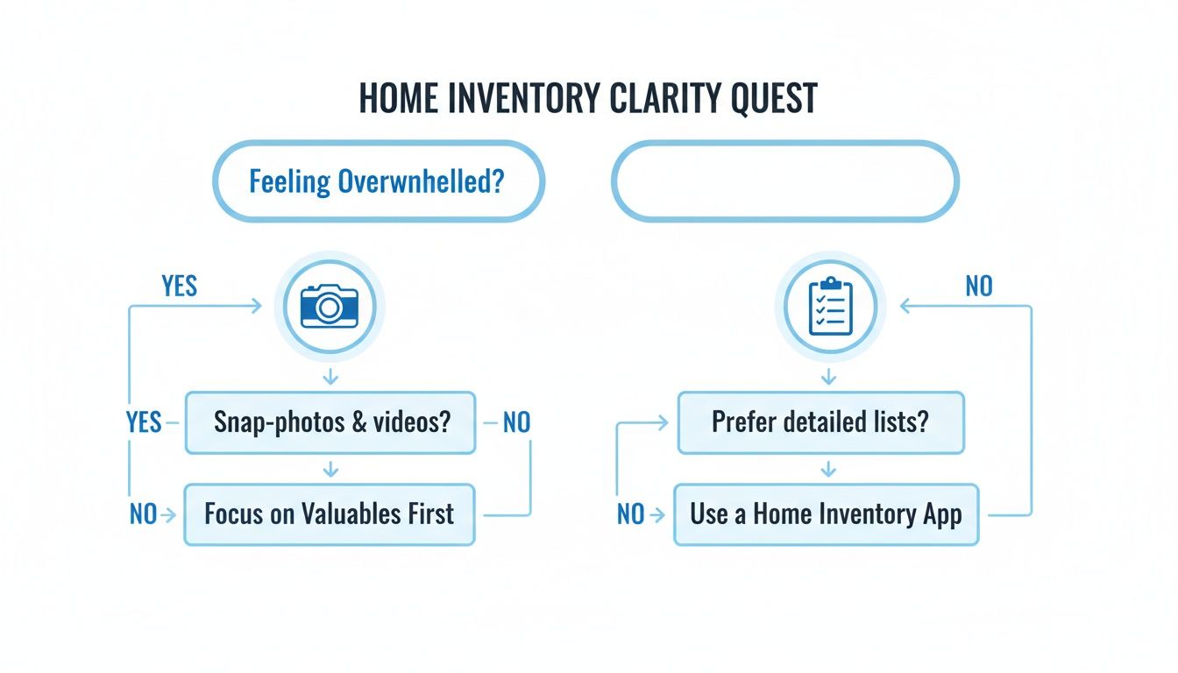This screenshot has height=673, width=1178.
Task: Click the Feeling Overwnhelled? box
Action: pyautogui.click(x=378, y=182)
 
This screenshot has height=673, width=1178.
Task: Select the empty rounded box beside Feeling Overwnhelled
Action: pyautogui.click(x=784, y=182)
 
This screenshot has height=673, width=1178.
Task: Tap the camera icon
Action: pyautogui.click(x=330, y=307)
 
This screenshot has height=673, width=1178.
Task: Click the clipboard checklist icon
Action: pyautogui.click(x=828, y=307)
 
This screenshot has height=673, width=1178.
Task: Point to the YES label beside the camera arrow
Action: pyautogui.click(x=180, y=287)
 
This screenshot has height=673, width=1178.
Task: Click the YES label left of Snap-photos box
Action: pyautogui.click(x=144, y=422)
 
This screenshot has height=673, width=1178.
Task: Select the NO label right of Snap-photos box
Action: pyautogui.click(x=516, y=422)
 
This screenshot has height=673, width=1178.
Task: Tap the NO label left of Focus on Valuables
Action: pyautogui.click(x=143, y=514)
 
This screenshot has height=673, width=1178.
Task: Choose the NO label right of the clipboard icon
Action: pyautogui.click(x=978, y=287)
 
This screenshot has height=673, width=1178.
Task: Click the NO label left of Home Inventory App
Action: pyautogui.click(x=630, y=514)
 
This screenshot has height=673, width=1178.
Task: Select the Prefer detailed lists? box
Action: pyautogui.click(x=820, y=422)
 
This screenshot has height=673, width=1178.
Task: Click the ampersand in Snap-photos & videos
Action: pyautogui.click(x=358, y=422)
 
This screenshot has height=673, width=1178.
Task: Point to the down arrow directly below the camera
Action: pyautogui.click(x=330, y=376)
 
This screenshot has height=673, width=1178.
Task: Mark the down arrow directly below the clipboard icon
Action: pyautogui.click(x=828, y=376)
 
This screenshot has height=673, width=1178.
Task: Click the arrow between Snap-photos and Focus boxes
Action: pyautogui.click(x=330, y=470)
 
